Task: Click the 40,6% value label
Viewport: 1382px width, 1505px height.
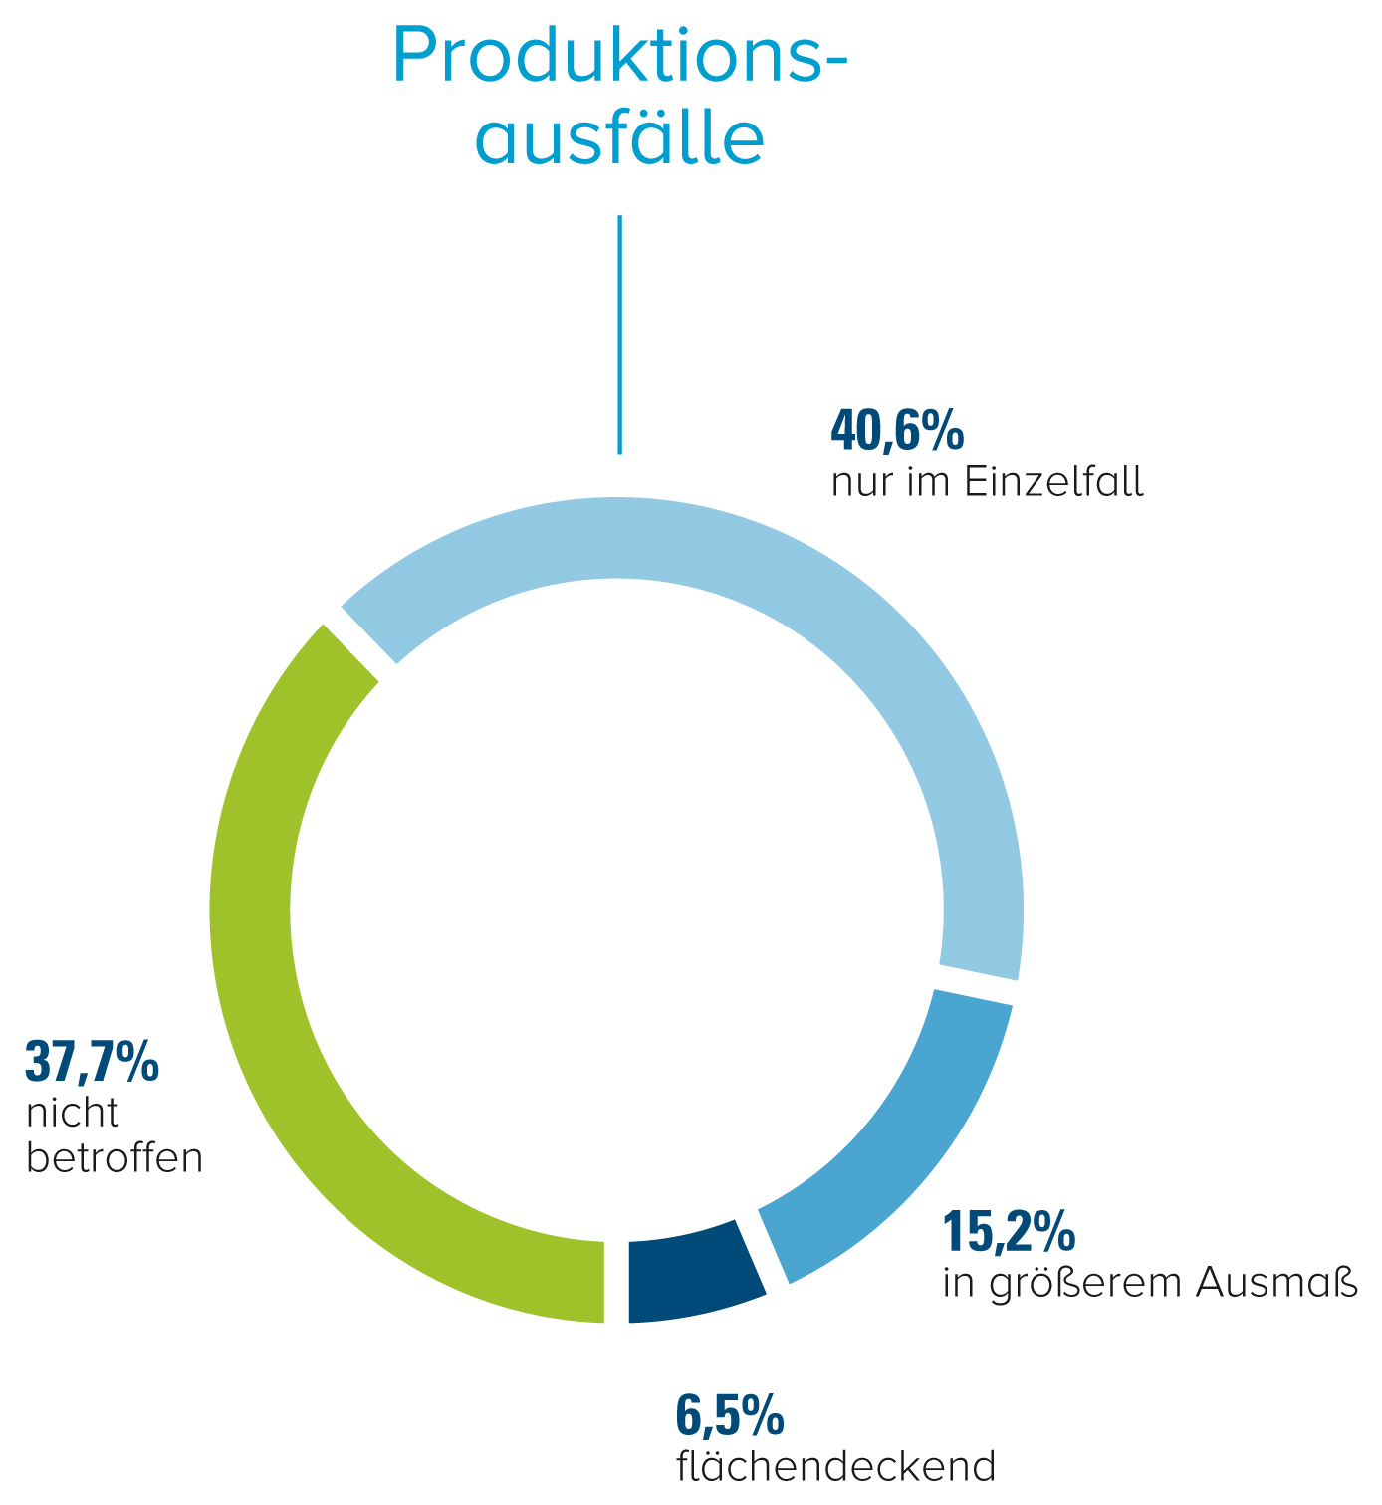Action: click(897, 431)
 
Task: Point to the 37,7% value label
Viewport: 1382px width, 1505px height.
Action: click(92, 1062)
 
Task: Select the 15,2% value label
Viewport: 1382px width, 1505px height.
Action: click(1009, 1232)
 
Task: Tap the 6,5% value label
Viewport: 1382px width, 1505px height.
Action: click(730, 1416)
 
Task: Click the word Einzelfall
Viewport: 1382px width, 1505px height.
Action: click(1055, 483)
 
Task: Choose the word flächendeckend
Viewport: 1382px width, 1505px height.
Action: click(835, 1466)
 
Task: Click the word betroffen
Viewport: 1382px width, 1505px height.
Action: click(115, 1158)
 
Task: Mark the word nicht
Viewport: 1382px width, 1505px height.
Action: click(73, 1113)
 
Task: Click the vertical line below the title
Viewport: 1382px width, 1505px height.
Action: click(619, 334)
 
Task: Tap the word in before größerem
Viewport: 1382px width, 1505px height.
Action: click(957, 1283)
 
